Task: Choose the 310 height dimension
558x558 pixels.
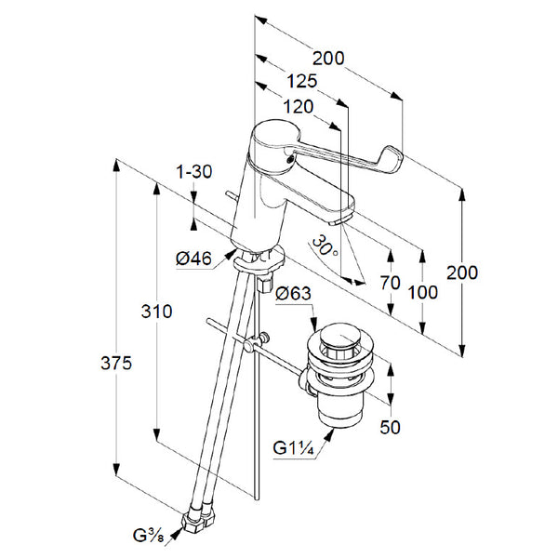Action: click(156, 312)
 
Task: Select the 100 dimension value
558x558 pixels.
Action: click(423, 291)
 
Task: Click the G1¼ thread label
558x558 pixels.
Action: click(293, 449)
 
